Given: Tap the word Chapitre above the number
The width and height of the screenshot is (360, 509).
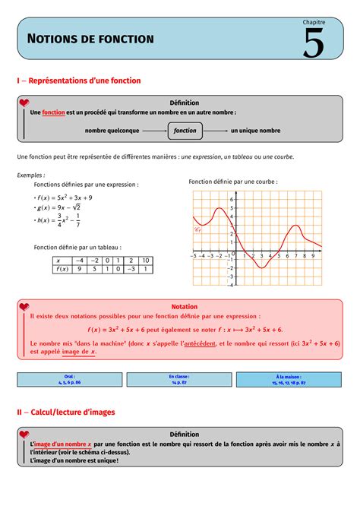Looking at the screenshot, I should [x=313, y=23].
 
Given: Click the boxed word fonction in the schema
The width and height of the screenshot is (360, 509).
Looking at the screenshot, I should [x=185, y=131].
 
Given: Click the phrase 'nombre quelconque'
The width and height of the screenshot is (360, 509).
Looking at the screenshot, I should [x=112, y=131].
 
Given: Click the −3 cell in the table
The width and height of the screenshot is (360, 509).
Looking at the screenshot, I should [x=131, y=269].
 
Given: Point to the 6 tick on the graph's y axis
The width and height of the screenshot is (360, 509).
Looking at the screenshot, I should [x=232, y=199].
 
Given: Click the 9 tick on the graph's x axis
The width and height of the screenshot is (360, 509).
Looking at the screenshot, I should [x=313, y=257].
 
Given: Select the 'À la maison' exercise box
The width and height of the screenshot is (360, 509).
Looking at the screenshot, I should [x=288, y=379].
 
